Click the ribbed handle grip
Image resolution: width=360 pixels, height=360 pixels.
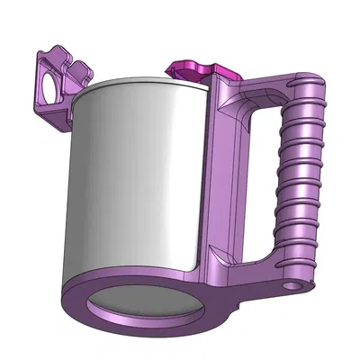click(x=301, y=180)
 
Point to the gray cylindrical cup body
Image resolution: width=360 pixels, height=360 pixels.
click(x=135, y=180)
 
